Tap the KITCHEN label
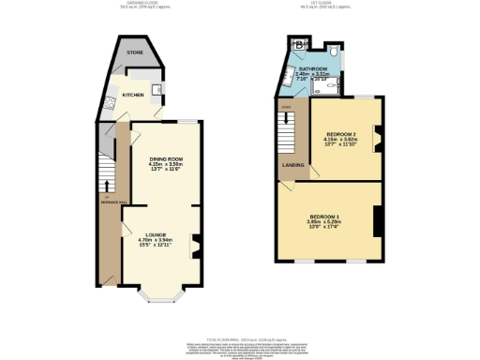132,94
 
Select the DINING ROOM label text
165,159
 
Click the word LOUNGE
157,234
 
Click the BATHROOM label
313,69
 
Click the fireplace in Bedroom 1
377,221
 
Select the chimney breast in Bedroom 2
378,141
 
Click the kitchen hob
110,103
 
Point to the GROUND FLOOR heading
147,7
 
